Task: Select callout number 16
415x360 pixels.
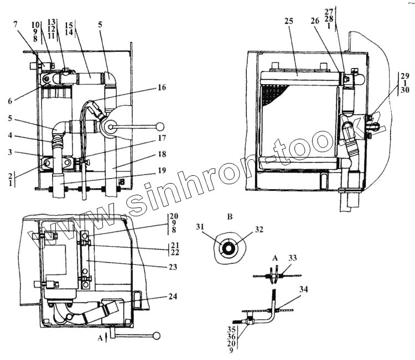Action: pyautogui.click(x=161, y=87)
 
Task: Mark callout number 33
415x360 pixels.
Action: pyautogui.click(x=293, y=257)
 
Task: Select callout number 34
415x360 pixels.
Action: pyautogui.click(x=304, y=289)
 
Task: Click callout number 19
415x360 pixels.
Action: pyautogui.click(x=161, y=170)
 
